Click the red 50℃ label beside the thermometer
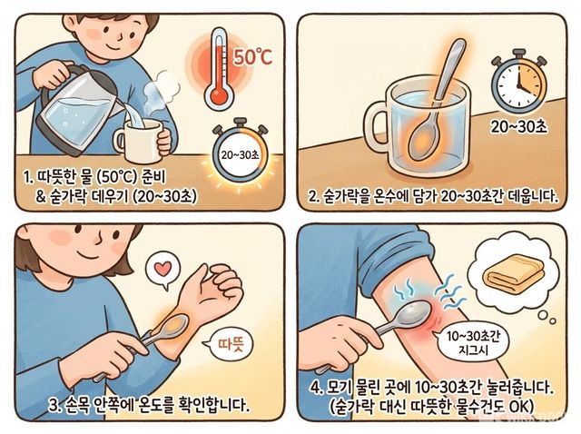pyautogui.click(x=252, y=57)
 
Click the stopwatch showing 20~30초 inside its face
pyautogui.click(x=240, y=154)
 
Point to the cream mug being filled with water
pyautogui.click(x=139, y=140)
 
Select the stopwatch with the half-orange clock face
pyautogui.click(x=518, y=84)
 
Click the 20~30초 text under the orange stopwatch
pyautogui.click(x=518, y=127)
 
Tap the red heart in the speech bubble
pyautogui.click(x=162, y=268)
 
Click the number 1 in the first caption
pyautogui.click(x=26, y=177)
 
